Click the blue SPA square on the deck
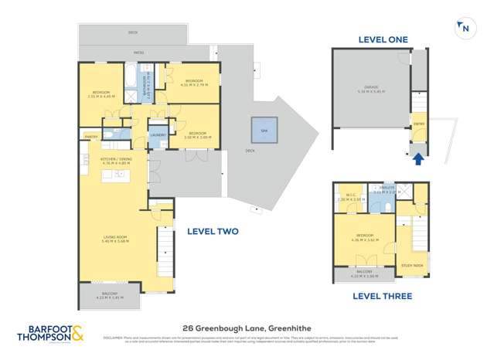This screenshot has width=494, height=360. [264, 130]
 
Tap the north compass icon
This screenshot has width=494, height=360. [464, 28]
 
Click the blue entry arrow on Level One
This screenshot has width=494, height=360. [418, 159]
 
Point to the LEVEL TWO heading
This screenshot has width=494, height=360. [212, 231]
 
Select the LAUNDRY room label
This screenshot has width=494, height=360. [158, 134]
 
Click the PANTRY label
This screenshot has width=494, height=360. [90, 137]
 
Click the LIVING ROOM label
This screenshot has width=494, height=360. [115, 239]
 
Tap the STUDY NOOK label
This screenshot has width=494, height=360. [412, 266]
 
